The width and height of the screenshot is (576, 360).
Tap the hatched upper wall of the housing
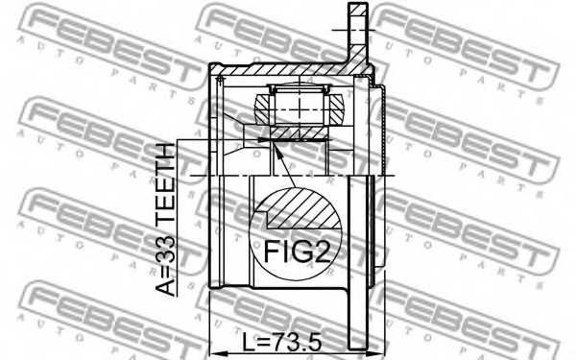click(278, 72)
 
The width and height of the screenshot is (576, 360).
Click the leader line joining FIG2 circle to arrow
click(285, 168)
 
